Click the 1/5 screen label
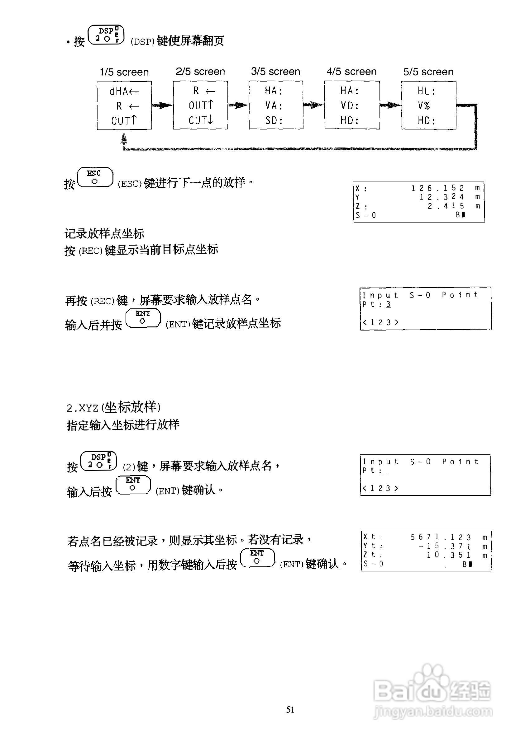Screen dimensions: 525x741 pos(124,72)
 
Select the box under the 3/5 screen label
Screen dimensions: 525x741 pos(276,105)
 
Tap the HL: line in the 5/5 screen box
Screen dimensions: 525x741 pos(427,91)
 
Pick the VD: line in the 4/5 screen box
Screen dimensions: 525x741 pos(350,106)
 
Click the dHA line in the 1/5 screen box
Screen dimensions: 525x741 pos(124,91)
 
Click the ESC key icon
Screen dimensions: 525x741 pos(95,177)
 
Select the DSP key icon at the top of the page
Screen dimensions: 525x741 pos(106,35)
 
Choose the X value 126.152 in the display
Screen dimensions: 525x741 pos(438,188)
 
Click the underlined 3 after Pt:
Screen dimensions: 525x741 pos(388,304)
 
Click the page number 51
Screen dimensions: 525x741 pos(290,709)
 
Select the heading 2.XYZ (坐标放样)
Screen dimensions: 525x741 pos(113,407)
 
